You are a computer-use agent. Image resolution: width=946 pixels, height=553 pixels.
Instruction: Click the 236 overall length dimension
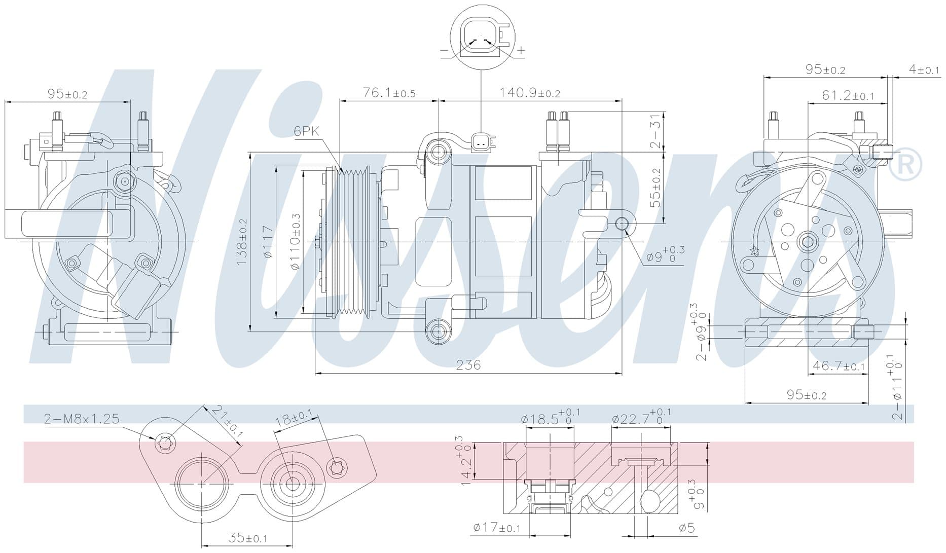pos(468,365)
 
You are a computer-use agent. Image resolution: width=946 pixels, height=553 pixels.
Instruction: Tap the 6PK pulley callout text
pos(307,131)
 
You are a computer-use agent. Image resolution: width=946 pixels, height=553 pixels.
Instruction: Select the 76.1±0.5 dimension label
pos(389,93)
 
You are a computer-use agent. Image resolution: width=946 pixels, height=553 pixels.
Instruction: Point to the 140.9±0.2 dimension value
pos(530,93)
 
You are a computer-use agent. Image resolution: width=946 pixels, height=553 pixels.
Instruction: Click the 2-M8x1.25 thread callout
pos(82,419)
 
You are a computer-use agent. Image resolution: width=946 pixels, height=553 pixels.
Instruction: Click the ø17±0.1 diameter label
pos(497,528)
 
